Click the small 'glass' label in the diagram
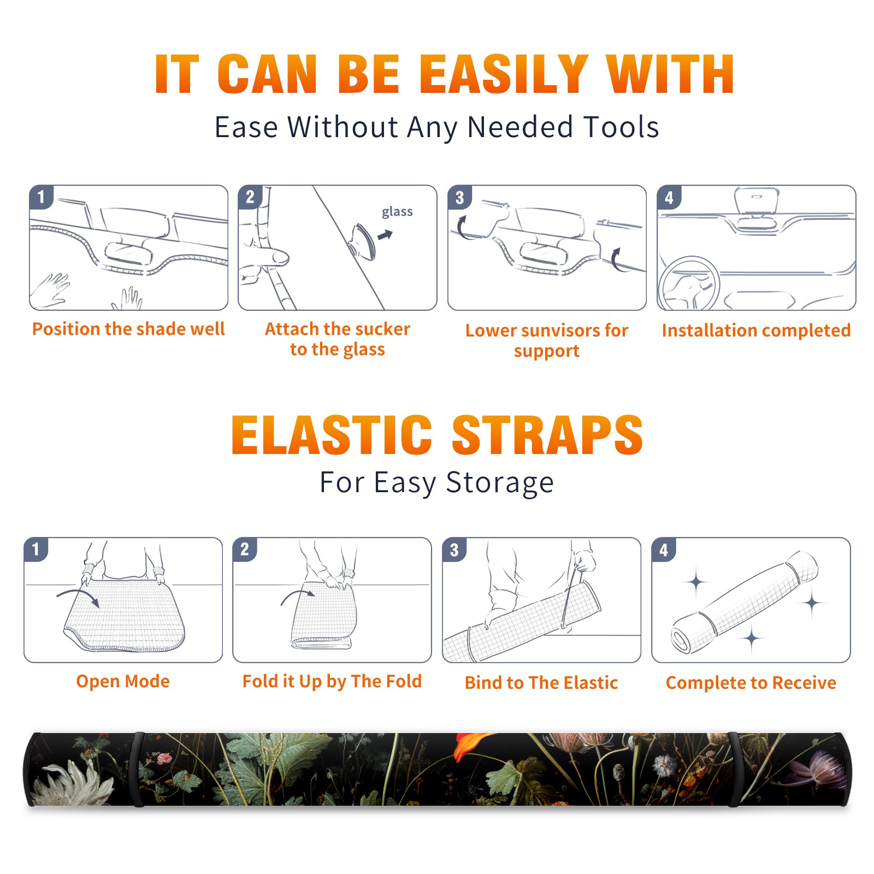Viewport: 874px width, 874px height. click(397, 212)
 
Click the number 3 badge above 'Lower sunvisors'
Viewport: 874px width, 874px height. click(459, 198)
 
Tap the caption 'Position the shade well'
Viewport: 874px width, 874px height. click(128, 329)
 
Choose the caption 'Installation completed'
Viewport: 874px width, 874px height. click(756, 330)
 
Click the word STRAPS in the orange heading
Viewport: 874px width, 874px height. click(547, 435)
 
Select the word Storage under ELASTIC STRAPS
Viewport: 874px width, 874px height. click(500, 483)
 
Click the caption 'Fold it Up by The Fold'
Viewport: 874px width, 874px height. click(332, 681)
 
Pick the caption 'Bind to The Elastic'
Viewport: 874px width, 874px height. click(541, 683)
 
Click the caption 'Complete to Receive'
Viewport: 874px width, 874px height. click(751, 683)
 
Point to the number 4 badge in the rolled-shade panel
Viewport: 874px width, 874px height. click(664, 550)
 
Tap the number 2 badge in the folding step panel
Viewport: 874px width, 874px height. click(244, 550)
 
